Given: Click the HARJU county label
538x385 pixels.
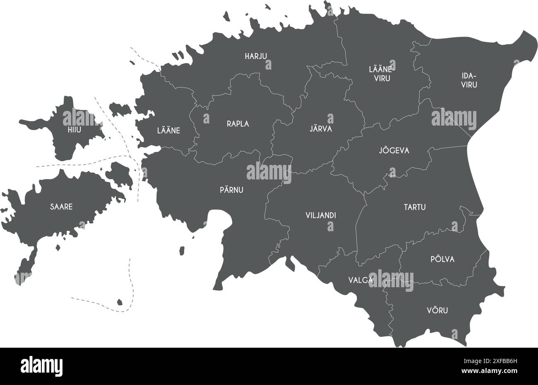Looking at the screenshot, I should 255,56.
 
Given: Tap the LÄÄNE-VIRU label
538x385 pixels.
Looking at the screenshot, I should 379,73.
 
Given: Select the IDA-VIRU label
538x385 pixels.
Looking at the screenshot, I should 469,80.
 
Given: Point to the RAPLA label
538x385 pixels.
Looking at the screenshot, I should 238,123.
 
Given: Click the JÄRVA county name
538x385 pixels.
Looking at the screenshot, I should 321,129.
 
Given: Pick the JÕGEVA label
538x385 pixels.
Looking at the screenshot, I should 394,150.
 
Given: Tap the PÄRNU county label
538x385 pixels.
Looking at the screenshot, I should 231,190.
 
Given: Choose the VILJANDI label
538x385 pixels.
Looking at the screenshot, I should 320,216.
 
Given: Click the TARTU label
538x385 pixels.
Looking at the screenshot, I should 415,207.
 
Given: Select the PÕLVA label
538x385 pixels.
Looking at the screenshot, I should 442,259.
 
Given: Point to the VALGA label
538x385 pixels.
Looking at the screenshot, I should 360,280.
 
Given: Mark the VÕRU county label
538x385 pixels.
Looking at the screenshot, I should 437,310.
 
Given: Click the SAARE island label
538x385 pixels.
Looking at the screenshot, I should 61,206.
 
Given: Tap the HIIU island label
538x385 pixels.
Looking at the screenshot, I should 74,130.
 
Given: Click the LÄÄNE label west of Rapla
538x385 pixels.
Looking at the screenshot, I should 168,131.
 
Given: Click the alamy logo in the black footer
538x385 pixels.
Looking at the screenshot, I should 41,366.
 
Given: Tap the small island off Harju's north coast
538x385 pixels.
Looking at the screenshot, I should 226,16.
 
